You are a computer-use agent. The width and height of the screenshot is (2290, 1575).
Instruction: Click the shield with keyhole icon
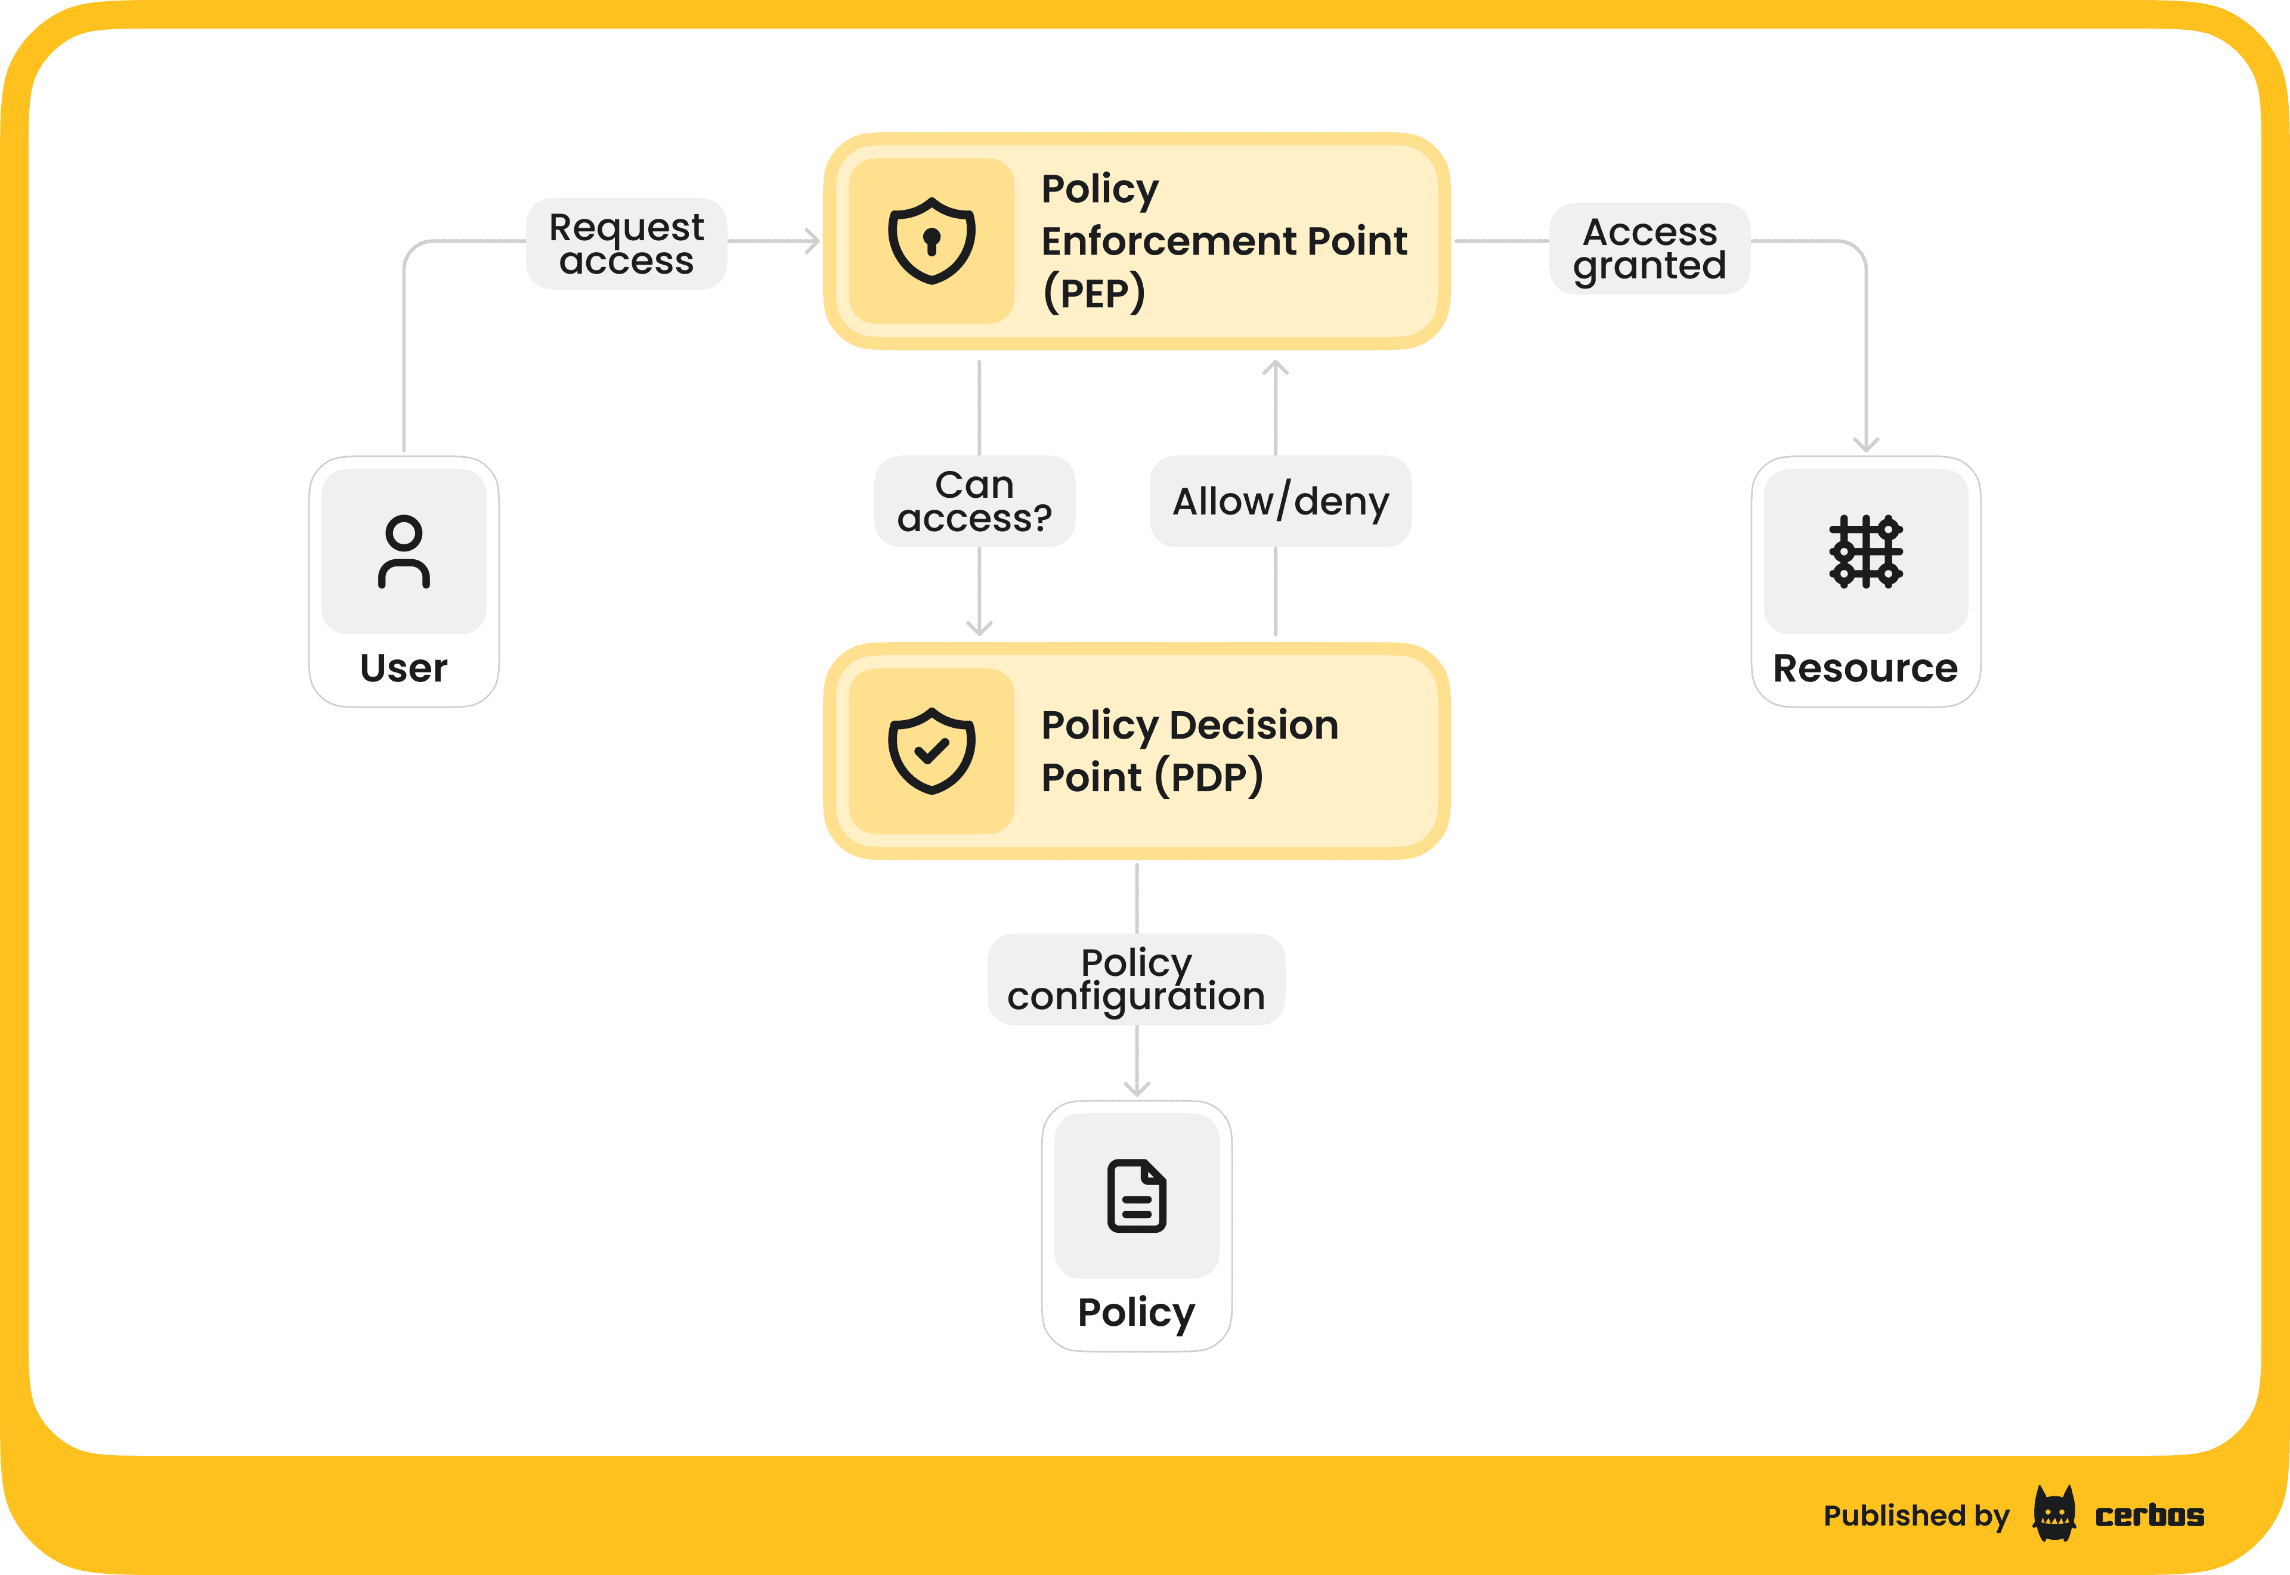click(x=931, y=241)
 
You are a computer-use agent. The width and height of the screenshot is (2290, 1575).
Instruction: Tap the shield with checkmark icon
click(x=931, y=751)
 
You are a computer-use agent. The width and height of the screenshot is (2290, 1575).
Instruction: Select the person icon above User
click(x=404, y=551)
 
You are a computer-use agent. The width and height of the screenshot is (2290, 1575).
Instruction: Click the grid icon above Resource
click(x=1865, y=551)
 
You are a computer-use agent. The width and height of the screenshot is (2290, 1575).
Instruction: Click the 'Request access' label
click(x=627, y=244)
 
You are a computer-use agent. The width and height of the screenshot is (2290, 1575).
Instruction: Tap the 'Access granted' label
click(x=1650, y=249)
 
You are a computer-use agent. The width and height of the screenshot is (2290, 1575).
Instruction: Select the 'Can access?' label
click(x=974, y=501)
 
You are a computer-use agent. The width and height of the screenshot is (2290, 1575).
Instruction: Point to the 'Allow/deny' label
click(x=1280, y=501)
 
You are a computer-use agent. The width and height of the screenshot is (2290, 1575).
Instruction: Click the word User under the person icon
click(x=404, y=668)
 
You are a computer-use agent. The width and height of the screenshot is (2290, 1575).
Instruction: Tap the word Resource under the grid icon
click(x=1865, y=668)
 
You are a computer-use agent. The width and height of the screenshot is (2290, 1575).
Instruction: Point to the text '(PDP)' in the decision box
click(x=1209, y=777)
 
